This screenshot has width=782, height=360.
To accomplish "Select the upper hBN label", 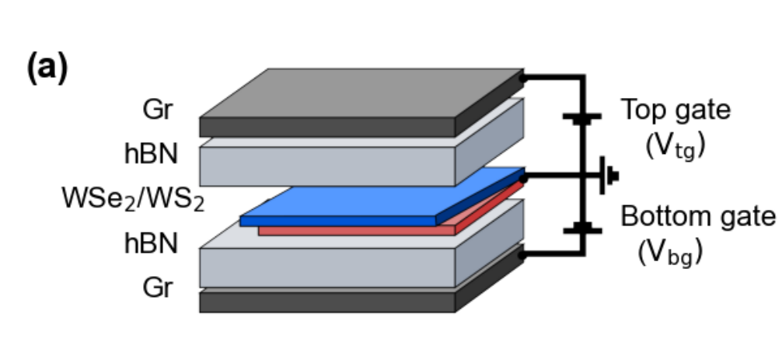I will point(151,153).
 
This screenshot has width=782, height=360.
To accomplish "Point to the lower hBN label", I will point(151,243).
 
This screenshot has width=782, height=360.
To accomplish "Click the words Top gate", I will point(675,110).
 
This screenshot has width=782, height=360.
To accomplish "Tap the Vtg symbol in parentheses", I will point(675,145).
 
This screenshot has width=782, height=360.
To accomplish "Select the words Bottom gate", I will point(697,216).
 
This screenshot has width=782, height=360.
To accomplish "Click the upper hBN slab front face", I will point(326,165).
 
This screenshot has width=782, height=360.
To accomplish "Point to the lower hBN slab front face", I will point(326,267).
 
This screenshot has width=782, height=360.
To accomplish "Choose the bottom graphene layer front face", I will point(326,302).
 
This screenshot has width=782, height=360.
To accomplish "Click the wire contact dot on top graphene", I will point(525,77).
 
